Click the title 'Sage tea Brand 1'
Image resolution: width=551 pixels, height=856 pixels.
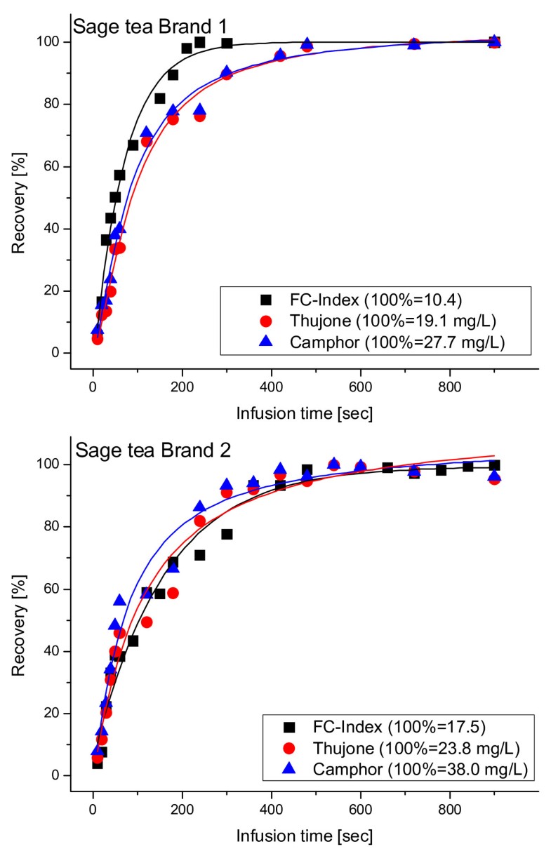coord(140,31)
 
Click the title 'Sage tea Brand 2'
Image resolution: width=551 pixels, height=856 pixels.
coord(140,453)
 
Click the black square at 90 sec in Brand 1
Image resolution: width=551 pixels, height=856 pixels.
coord(133,145)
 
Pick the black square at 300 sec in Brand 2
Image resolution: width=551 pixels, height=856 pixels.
coord(227,535)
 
